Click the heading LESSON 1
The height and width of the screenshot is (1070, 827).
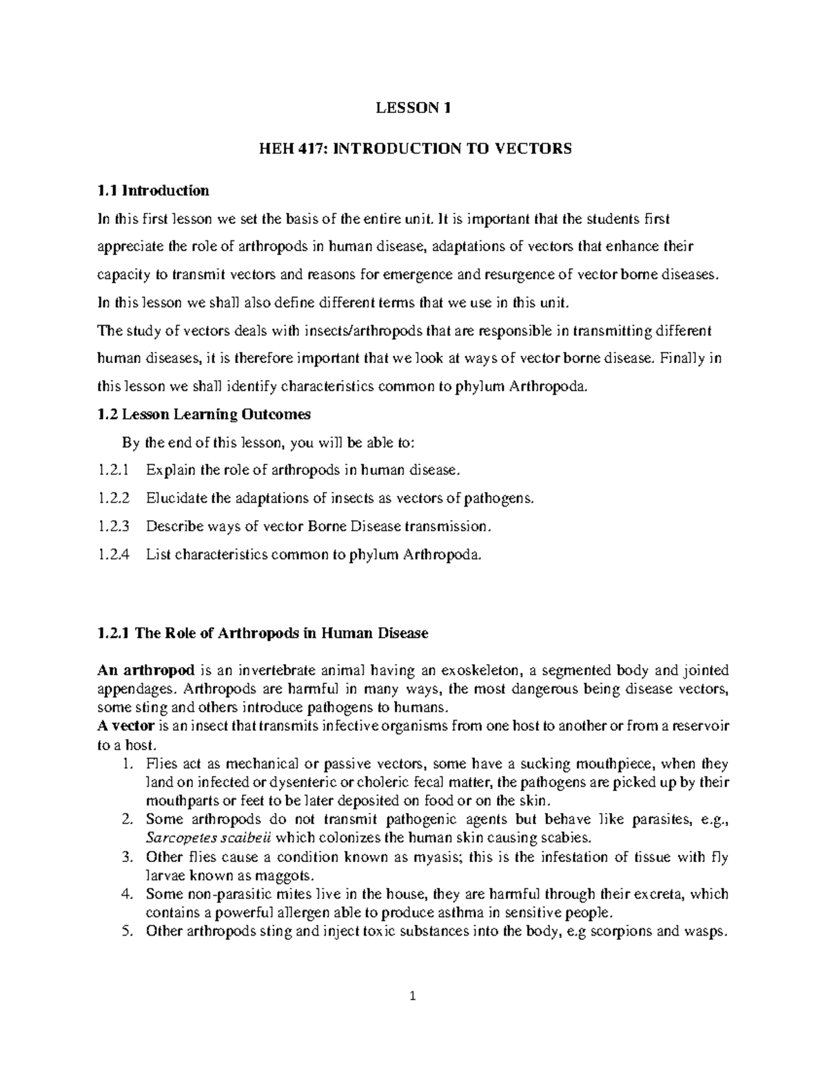click(413, 107)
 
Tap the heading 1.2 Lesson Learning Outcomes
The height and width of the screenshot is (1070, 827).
click(205, 414)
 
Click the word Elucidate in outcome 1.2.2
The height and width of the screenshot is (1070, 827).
click(176, 498)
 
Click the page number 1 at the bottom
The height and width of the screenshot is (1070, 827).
click(413, 996)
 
